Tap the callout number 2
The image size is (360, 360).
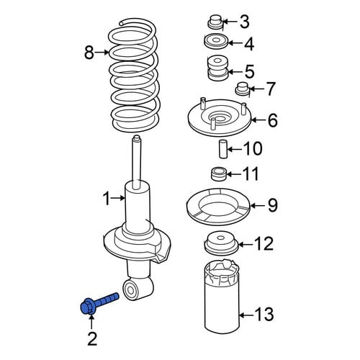tap(92, 338)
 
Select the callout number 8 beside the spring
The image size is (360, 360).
tap(89, 53)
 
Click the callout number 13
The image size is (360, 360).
tap(264, 314)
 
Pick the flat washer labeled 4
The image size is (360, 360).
tap(215, 41)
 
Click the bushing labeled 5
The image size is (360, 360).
tap(217, 68)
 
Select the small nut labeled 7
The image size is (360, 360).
tap(242, 89)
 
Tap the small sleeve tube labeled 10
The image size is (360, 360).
tap(222, 149)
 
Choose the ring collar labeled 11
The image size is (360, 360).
tap(219, 174)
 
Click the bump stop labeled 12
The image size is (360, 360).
tap(220, 243)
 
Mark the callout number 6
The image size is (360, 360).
tap(273, 120)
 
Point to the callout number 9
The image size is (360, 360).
tap(273, 205)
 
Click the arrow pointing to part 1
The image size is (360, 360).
tap(118, 198)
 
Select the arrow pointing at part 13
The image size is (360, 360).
tap(247, 315)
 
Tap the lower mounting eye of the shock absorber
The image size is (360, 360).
tap(130, 290)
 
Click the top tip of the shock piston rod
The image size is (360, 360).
tap(137, 137)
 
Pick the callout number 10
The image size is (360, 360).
tap(253, 148)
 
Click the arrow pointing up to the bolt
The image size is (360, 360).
tap(91, 323)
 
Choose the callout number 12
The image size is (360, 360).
tap(264, 243)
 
